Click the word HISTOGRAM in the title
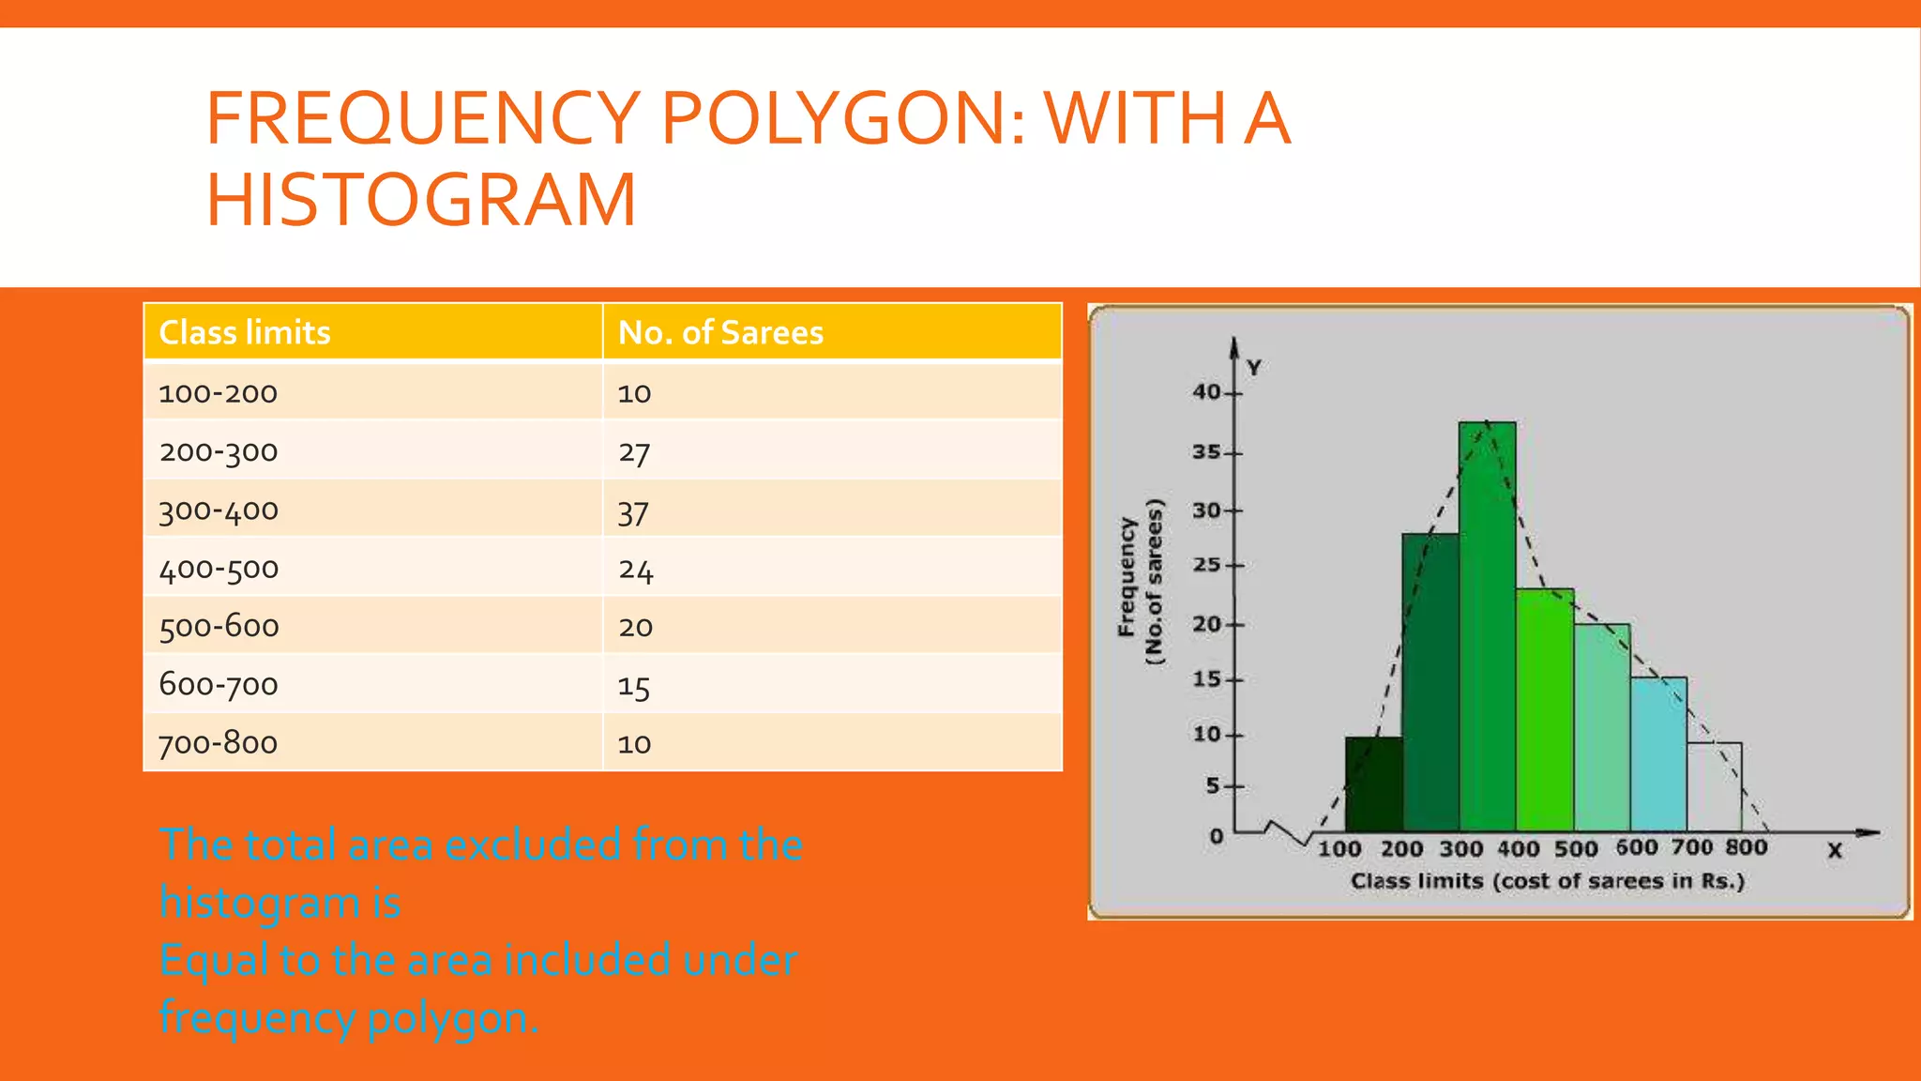[x=421, y=200]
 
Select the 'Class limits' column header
[x=245, y=332]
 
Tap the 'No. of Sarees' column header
[x=720, y=332]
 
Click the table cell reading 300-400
[x=219, y=510]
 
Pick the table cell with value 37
[x=633, y=512]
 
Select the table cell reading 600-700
[x=219, y=684]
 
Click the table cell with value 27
[x=634, y=452]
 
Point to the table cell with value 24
[x=635, y=570]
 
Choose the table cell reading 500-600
[x=219, y=626]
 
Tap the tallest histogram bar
[x=1488, y=629]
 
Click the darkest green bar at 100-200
[x=1374, y=784]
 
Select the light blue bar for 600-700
[x=1658, y=754]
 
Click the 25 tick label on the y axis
[x=1206, y=565]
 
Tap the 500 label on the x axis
[x=1576, y=848]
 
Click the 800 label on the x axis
[x=1746, y=847]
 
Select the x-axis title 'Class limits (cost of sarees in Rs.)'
[x=1547, y=881]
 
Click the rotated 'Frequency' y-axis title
[x=1127, y=578]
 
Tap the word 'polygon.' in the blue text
[x=453, y=1018]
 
